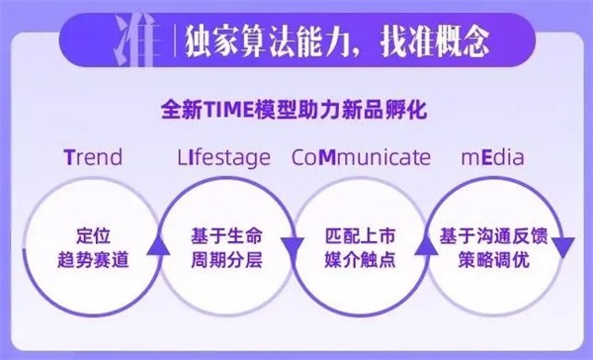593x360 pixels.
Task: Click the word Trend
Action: [x=92, y=158]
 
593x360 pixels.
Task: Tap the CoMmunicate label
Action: [x=361, y=158]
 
